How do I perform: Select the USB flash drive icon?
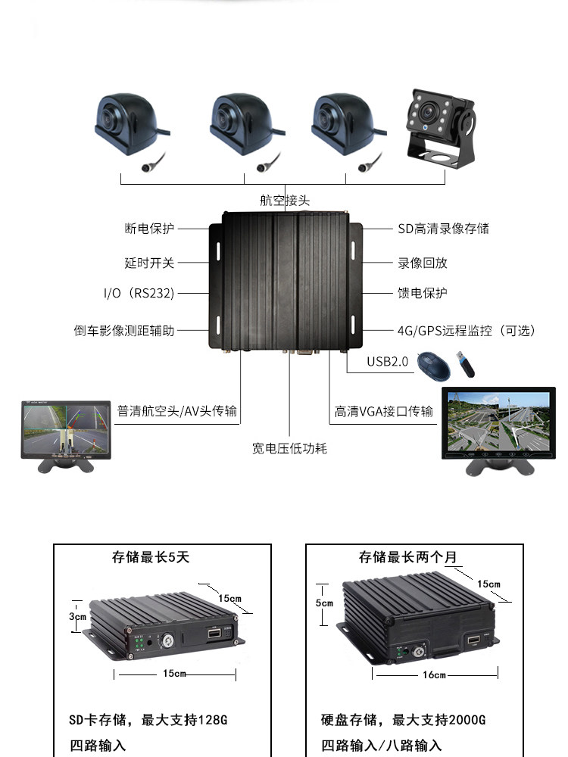[x=464, y=364]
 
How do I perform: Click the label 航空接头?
[x=285, y=201]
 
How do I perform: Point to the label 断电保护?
[x=149, y=228]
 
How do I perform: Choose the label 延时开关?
[x=149, y=263]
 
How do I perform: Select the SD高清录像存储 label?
[x=444, y=228]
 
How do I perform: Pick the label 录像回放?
[x=423, y=263]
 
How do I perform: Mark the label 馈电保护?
[x=423, y=293]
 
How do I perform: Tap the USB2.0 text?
[x=387, y=362]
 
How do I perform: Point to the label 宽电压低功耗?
[x=289, y=448]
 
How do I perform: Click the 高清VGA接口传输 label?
[x=384, y=411]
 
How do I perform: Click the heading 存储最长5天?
[x=151, y=557]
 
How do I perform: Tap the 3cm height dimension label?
[x=77, y=616]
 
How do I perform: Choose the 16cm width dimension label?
[x=434, y=674]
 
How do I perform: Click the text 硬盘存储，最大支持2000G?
[x=403, y=718]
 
